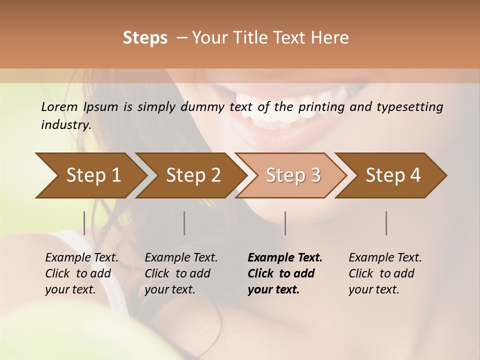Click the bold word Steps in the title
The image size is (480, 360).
coord(145,38)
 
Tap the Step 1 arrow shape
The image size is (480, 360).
coord(90,175)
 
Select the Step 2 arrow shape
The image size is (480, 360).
coord(192,175)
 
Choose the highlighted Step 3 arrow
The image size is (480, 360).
coord(292,175)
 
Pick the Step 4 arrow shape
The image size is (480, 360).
coord(392,175)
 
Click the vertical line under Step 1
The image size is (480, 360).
coord(84,223)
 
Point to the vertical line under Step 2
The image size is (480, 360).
coord(184,223)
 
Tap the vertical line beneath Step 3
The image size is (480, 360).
coord(285,223)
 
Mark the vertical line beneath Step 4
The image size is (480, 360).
coord(386,223)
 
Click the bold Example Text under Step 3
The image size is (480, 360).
coord(285,273)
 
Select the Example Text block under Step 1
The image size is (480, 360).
coord(82,273)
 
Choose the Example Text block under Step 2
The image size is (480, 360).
coord(181,273)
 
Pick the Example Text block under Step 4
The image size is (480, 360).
coord(385,273)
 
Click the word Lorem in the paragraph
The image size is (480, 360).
coord(59,106)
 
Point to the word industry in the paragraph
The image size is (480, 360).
coord(65,125)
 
